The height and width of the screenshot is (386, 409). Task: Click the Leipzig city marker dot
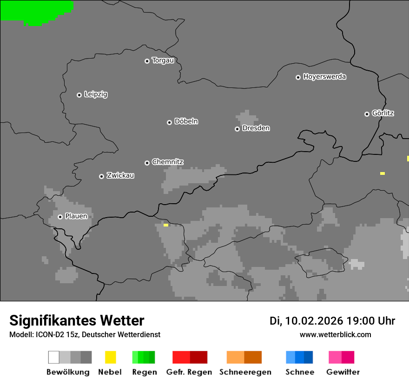tap(79, 95)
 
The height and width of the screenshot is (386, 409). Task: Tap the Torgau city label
tap(163, 60)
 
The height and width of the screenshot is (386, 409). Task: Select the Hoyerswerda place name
tap(324, 77)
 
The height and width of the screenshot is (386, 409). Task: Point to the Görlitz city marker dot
tap(367, 114)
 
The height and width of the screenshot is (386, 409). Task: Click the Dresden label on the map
tap(256, 128)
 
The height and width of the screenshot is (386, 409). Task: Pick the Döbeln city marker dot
tap(169, 122)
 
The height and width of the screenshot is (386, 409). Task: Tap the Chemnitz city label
tap(167, 162)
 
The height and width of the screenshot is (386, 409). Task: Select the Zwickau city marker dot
tap(101, 176)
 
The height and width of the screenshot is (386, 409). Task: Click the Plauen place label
tap(76, 216)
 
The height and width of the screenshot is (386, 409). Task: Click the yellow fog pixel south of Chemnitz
tap(166, 225)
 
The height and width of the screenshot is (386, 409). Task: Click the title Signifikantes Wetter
tap(77, 321)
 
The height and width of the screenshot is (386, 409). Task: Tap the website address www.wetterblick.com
tap(335, 335)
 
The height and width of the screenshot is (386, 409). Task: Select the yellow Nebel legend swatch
tap(110, 357)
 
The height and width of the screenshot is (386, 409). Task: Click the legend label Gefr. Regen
tap(189, 372)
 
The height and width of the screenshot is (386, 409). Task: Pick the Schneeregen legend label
tap(245, 372)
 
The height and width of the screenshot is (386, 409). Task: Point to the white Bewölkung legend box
tap(53, 357)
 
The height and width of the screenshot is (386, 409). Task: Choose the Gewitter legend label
tap(343, 372)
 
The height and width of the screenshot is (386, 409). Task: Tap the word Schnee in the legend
tap(300, 372)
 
